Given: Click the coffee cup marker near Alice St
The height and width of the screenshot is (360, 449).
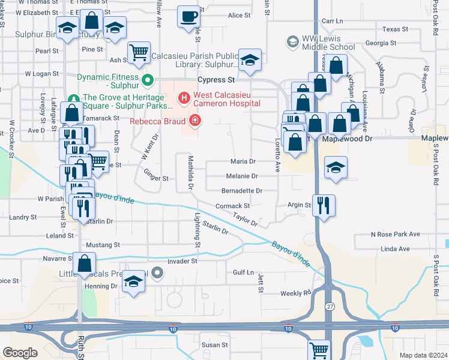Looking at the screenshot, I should point(189,16).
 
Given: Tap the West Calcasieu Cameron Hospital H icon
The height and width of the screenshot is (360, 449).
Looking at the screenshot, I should point(184,97).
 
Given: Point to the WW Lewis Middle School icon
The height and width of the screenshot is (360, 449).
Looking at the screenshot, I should point(292,41).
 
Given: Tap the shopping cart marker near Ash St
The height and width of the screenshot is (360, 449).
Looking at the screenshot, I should point(139,52).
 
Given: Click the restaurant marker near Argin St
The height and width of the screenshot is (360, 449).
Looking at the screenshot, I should point(324,205).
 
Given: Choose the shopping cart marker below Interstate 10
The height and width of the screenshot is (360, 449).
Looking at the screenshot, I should point(319,349).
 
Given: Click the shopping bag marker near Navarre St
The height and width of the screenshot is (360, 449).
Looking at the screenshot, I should point(85,262).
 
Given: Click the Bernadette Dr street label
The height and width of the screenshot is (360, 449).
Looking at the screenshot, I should point(243,191).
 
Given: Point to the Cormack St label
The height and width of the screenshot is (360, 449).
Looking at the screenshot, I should point(233,206).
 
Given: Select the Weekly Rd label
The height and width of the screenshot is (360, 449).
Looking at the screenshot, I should point(295,293).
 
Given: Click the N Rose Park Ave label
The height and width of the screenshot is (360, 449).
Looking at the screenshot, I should point(395,234).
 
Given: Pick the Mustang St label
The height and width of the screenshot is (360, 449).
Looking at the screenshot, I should point(103,245).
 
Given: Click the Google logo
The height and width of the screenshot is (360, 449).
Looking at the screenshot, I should point(20,353).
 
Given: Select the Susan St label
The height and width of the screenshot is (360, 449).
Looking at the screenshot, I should point(215,345).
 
